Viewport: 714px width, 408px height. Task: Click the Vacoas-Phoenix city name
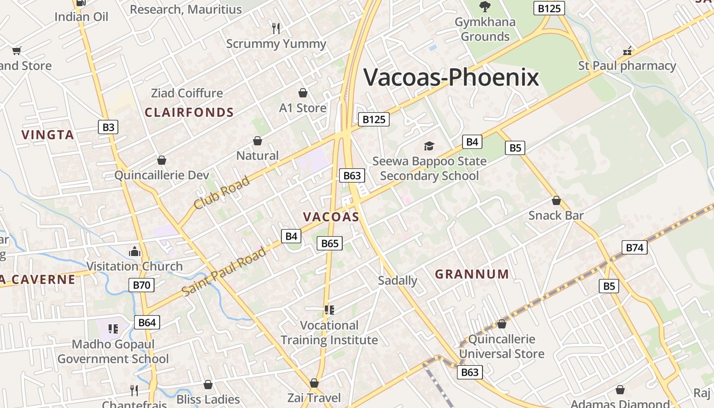[x=451, y=78]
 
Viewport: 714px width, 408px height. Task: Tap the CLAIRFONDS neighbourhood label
[x=189, y=113]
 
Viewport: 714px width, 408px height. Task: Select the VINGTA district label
[x=48, y=135]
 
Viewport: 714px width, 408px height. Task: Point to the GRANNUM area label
[x=472, y=274]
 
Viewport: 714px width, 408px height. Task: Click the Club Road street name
[x=222, y=192]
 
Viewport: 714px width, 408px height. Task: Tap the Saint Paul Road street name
[x=224, y=272]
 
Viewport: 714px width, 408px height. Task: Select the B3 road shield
[x=108, y=127]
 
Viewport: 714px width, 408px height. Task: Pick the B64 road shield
[x=147, y=322]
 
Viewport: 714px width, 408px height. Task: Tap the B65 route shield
[x=329, y=243]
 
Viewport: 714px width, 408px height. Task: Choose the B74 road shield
[x=634, y=248]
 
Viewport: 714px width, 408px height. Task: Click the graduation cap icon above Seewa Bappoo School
[x=429, y=146]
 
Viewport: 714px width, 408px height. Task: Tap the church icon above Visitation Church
[x=135, y=251]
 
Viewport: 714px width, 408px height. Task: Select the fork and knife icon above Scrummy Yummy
[x=276, y=29]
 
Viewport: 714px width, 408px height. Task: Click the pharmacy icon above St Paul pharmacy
[x=627, y=51]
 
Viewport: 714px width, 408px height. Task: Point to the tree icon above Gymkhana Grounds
[x=484, y=7]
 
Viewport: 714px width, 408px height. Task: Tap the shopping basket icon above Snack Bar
[x=556, y=200]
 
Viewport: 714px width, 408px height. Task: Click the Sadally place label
[x=398, y=280]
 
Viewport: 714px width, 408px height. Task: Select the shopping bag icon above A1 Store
[x=303, y=93]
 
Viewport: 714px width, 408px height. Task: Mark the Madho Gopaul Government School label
[x=113, y=351]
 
